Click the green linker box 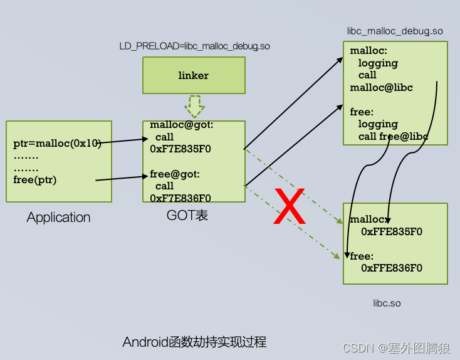(193, 75)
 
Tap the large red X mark (290, 206)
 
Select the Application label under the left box (58, 218)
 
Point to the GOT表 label (187, 215)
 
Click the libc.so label (387, 303)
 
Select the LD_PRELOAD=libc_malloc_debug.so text (194, 46)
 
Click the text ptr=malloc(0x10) (57, 144)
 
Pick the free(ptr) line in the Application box (34, 180)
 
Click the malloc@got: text (182, 125)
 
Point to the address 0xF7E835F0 (180, 149)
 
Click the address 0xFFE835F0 (392, 231)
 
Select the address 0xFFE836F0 (392, 268)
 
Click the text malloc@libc (381, 88)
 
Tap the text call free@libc (393, 136)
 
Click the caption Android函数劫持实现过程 (194, 342)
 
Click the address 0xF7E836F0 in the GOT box (180, 198)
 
